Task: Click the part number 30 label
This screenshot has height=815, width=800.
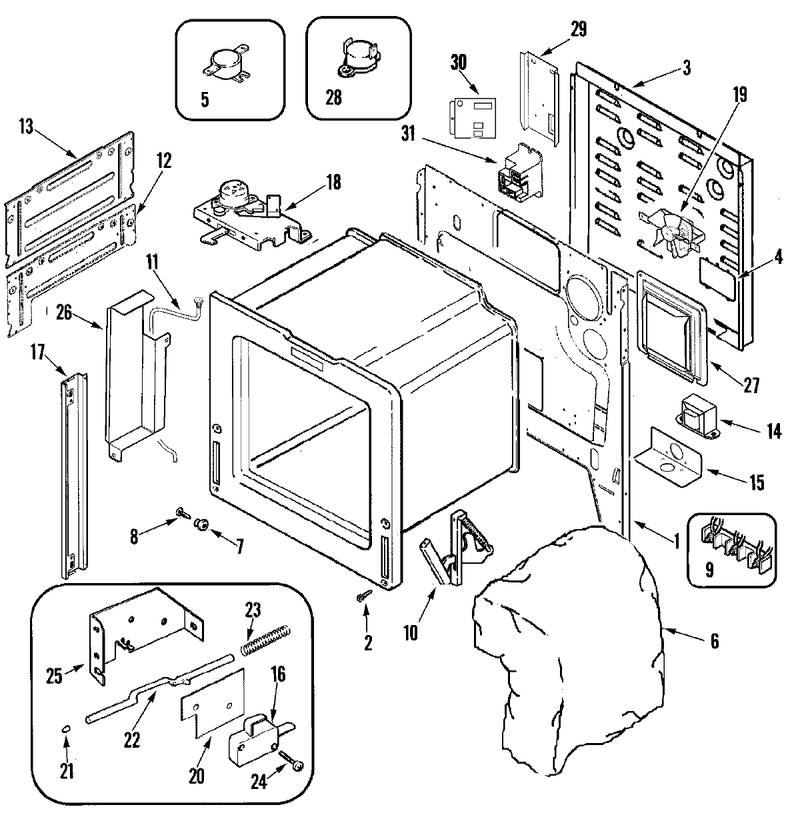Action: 458,63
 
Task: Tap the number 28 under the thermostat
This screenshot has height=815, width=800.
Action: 333,98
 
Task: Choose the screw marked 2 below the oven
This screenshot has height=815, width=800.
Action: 363,595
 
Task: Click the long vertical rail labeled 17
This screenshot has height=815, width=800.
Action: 75,475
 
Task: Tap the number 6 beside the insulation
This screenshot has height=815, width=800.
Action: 715,640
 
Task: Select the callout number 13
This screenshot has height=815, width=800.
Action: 26,126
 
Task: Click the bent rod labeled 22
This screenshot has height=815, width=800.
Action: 160,690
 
